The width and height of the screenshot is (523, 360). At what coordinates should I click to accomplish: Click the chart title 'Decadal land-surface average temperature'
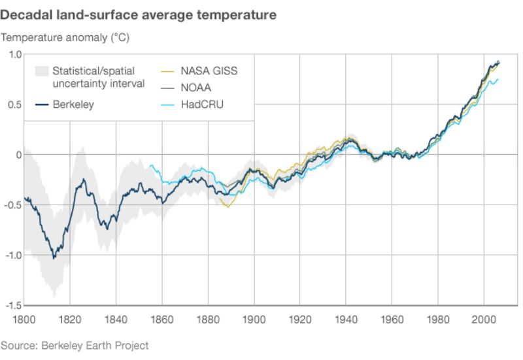[x=138, y=14]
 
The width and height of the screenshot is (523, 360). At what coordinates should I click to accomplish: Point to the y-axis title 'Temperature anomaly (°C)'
[x=65, y=37]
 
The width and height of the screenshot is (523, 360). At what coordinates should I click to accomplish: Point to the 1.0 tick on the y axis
[x=14, y=54]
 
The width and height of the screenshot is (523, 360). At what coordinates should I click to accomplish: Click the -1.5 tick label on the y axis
[x=12, y=306]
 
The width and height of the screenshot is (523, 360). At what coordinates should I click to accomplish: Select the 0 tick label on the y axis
[x=20, y=155]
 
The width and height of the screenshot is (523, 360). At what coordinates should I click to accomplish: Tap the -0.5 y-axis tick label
[x=12, y=205]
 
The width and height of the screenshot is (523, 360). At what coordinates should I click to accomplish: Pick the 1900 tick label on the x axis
[x=254, y=319]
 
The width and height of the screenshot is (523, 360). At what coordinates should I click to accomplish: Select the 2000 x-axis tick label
[x=484, y=319]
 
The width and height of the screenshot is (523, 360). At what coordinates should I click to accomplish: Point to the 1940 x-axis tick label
[x=346, y=319]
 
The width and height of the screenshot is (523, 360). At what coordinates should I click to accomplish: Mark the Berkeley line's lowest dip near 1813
[x=54, y=258]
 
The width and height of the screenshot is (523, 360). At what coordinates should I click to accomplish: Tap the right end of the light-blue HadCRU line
[x=498, y=80]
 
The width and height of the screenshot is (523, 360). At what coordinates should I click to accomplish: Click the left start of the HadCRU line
[x=150, y=165]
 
